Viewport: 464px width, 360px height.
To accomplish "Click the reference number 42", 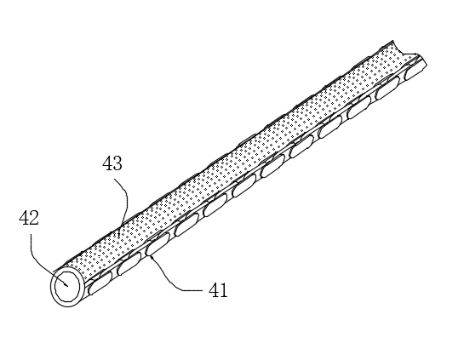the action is (x=29, y=219).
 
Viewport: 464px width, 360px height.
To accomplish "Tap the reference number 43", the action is (x=112, y=163).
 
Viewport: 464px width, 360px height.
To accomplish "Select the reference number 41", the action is (x=219, y=290).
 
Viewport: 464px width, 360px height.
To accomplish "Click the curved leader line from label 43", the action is (x=126, y=201).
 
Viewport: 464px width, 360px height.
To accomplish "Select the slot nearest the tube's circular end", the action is (x=100, y=283).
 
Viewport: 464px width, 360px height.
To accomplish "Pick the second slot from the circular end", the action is (x=129, y=264).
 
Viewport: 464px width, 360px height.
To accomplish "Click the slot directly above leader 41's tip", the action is (x=158, y=244).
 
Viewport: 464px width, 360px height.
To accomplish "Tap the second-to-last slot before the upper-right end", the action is (x=387, y=90).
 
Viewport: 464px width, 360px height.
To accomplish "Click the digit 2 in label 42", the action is (x=34, y=219).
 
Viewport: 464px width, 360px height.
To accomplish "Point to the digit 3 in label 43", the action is (x=117, y=163).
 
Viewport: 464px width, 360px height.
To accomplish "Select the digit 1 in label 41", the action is (x=223, y=290).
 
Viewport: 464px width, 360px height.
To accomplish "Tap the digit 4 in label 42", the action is (x=24, y=219).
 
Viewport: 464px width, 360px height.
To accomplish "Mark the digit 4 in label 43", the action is (x=107, y=163).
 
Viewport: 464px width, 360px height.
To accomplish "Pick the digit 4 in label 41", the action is (x=214, y=290).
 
